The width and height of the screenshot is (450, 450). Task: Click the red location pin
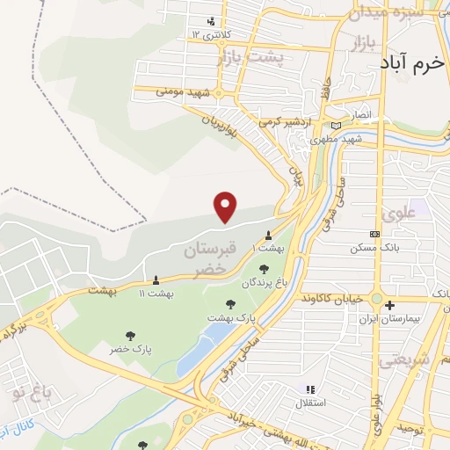click(x=227, y=206)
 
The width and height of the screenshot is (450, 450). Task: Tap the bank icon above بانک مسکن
click(x=375, y=234)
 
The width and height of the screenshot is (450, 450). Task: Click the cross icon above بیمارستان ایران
click(x=389, y=305)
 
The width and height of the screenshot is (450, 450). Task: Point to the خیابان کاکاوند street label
click(x=330, y=299)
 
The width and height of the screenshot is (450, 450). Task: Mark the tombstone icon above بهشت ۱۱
click(x=156, y=280)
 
